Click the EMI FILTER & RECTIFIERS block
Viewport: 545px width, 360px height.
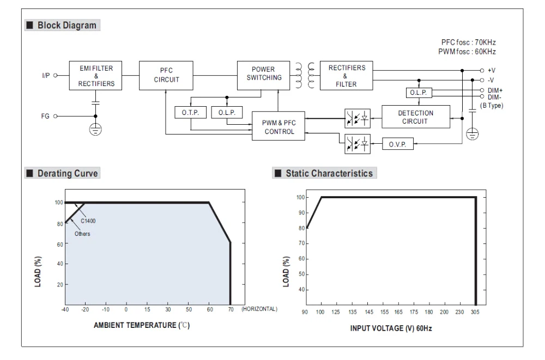pos(95,76)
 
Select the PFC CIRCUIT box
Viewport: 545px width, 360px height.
pos(166,76)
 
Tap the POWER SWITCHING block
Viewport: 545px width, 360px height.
pos(263,76)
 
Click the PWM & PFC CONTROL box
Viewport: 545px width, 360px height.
pos(278,126)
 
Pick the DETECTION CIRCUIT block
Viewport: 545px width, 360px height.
pos(416,117)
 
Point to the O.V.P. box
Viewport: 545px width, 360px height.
pos(398,144)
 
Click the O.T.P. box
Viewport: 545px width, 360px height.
pos(190,113)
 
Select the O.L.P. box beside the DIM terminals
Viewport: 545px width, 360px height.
pos(419,93)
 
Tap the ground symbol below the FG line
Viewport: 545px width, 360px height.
pos(95,129)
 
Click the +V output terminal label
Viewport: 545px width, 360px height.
pos(492,70)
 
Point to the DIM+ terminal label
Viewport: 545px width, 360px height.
pos(495,90)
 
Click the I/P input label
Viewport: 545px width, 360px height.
pos(46,75)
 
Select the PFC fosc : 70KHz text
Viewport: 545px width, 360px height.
pos(469,42)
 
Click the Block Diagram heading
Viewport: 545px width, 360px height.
pos(66,26)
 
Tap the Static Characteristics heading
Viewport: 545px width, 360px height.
pos(329,173)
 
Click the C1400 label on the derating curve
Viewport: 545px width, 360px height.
pos(88,221)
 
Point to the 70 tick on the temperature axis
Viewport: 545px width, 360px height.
pos(231,309)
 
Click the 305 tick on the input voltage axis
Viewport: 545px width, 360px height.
pos(475,312)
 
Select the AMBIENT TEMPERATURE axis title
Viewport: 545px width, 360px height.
pos(142,325)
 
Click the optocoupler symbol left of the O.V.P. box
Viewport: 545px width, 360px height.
pos(358,144)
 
